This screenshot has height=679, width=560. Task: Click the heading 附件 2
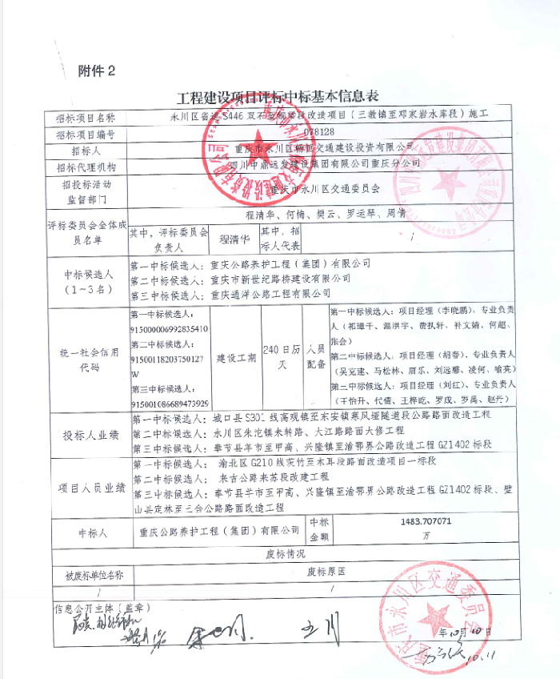(x=97, y=71)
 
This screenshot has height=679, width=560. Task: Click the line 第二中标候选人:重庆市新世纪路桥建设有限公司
(x=240, y=279)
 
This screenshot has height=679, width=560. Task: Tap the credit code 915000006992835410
(x=169, y=329)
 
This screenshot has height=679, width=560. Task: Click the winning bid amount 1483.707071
(x=430, y=520)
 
